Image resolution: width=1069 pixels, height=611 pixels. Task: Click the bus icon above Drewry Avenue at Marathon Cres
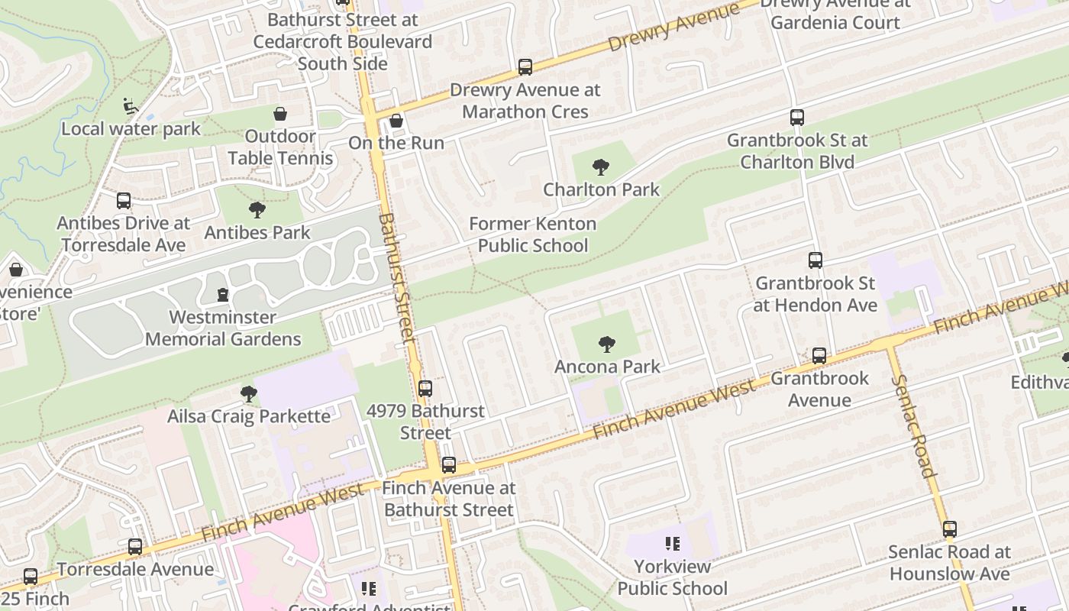point(525,67)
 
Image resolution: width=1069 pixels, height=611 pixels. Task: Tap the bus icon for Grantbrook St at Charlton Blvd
point(797,118)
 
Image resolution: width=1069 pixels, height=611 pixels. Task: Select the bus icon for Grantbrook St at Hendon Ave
point(815,260)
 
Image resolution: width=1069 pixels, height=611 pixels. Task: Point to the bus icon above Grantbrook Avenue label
point(819,356)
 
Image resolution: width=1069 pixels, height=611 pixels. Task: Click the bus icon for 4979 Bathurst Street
point(425,389)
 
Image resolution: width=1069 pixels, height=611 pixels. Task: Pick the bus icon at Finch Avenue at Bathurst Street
point(449,465)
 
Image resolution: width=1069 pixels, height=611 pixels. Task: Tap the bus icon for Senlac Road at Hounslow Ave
point(950,529)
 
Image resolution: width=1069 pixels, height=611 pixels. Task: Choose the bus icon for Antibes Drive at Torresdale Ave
point(124,201)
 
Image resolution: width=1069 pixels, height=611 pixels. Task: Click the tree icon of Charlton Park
point(601,167)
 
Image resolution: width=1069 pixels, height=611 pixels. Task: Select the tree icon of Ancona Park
point(607,344)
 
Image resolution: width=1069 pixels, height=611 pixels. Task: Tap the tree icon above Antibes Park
point(257,210)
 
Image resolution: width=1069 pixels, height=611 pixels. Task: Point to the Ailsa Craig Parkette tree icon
point(248,394)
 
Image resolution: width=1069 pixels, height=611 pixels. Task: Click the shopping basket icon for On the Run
point(396,121)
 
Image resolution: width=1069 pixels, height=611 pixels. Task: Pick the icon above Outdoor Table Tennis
point(280,115)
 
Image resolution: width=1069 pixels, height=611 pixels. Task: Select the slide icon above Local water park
point(131,106)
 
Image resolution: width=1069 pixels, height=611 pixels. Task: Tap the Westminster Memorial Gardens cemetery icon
point(223,295)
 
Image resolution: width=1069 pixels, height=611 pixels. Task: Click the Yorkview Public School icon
point(672,544)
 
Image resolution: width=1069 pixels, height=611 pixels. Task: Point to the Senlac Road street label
point(912,425)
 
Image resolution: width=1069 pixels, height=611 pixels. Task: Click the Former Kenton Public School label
point(532,234)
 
